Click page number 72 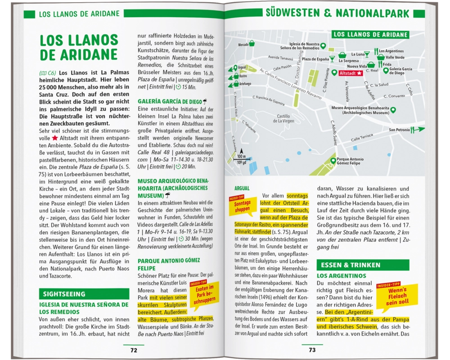(x=134, y=350)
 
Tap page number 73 (x=312, y=350)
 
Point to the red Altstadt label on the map (x=351, y=73)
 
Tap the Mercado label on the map (x=243, y=45)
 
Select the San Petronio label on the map (x=400, y=130)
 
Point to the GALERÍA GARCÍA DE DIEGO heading (x=170, y=101)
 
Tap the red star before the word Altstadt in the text (x=55, y=138)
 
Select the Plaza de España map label (x=315, y=59)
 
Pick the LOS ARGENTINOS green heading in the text (x=342, y=275)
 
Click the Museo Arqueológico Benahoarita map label (x=360, y=110)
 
